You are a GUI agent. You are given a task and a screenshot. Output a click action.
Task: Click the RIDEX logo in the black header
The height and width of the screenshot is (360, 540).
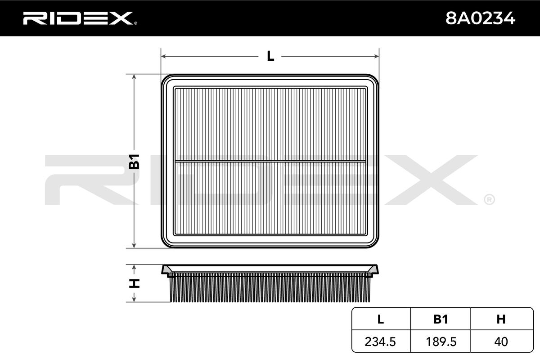tap(80, 18)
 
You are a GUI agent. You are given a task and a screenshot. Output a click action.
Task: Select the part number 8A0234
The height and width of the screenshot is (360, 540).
tap(480, 18)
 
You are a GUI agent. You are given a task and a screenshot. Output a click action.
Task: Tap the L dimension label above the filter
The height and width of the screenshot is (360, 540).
tap(270, 56)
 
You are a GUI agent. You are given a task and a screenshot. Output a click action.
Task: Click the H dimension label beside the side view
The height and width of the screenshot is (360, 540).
tap(134, 283)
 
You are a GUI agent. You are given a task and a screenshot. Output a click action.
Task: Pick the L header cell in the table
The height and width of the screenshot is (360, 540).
tap(381, 319)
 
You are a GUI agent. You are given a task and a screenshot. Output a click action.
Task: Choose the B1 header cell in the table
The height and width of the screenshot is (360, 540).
tap(441, 319)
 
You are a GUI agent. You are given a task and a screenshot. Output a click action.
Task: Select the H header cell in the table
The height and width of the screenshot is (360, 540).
tap(501, 319)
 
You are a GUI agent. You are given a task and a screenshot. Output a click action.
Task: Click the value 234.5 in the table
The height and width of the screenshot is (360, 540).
tap(380, 342)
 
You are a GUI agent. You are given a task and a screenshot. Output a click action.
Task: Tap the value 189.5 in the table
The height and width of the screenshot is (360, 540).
tap(441, 342)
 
